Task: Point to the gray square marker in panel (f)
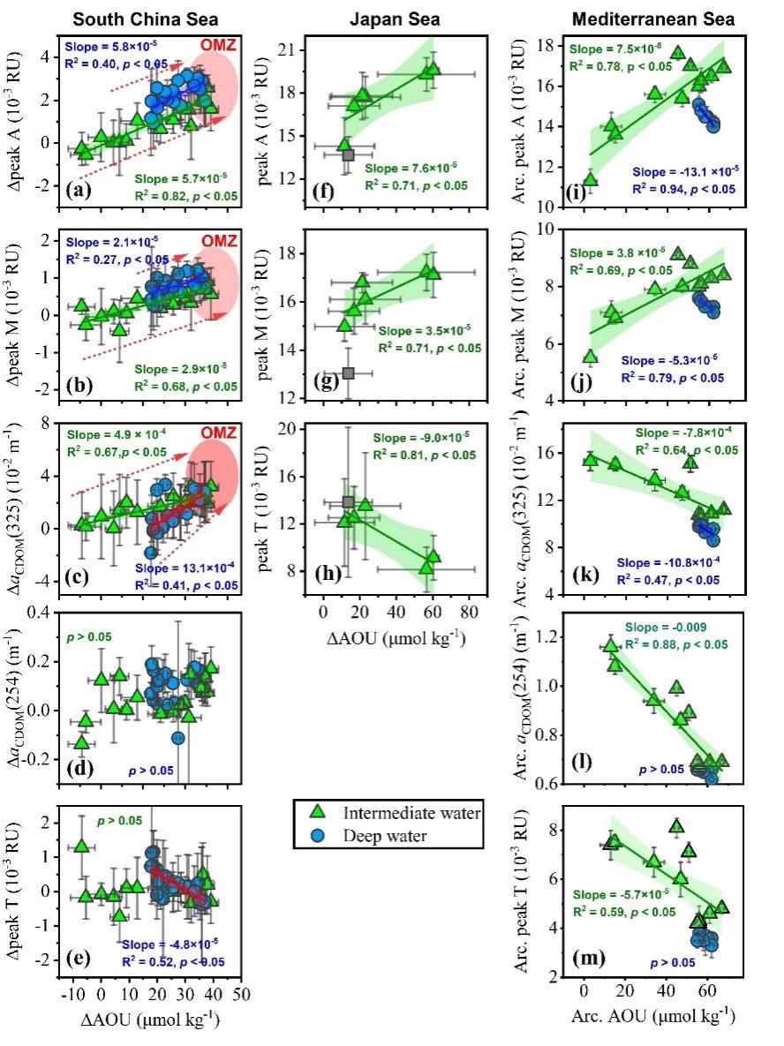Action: tap(348, 155)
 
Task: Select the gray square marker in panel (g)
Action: tap(348, 372)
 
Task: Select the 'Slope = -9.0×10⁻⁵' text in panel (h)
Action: tap(423, 438)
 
